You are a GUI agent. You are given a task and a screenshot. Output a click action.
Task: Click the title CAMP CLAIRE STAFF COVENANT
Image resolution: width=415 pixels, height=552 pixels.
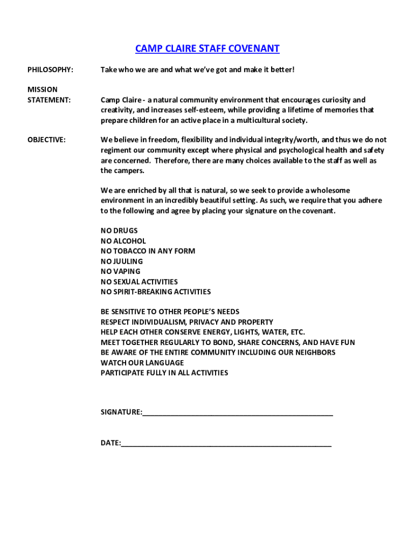coord(207,49)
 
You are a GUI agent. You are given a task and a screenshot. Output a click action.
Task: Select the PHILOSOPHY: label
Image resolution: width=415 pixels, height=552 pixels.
coord(50,70)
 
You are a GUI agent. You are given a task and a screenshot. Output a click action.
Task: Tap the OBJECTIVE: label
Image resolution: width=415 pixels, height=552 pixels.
coord(46,140)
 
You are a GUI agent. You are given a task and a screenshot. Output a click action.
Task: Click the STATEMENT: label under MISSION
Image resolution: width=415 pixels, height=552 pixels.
coord(49,100)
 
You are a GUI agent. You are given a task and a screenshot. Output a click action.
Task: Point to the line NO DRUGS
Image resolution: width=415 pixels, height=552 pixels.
coord(119,231)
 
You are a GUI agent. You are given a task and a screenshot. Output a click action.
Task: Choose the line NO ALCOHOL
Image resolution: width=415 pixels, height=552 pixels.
coord(123,241)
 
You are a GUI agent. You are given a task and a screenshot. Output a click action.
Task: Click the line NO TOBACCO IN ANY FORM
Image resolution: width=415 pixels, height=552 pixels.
coord(148,251)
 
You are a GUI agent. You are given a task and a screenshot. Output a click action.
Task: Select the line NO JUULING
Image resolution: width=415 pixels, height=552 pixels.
coord(122,261)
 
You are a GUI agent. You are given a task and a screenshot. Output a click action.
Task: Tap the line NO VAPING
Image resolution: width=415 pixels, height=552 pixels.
coord(120,272)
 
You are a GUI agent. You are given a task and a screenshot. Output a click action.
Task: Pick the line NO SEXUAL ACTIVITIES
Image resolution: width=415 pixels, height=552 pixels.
coord(139,282)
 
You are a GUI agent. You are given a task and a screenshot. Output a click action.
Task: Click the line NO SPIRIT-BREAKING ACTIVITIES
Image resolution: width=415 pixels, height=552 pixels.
coord(156,292)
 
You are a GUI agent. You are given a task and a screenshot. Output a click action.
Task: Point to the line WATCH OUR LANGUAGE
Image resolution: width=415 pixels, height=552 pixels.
coord(142,363)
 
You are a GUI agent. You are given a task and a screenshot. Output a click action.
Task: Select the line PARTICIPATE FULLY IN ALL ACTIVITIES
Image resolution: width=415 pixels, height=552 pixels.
coord(164,373)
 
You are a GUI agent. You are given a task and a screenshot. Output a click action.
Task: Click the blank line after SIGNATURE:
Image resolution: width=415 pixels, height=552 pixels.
coord(238,413)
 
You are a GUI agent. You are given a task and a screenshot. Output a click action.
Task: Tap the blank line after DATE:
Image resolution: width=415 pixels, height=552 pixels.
coord(226,444)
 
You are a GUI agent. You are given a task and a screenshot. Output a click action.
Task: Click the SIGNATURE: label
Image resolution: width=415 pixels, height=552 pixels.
coord(121,412)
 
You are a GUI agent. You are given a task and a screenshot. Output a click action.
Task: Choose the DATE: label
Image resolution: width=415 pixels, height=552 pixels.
coord(110,443)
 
